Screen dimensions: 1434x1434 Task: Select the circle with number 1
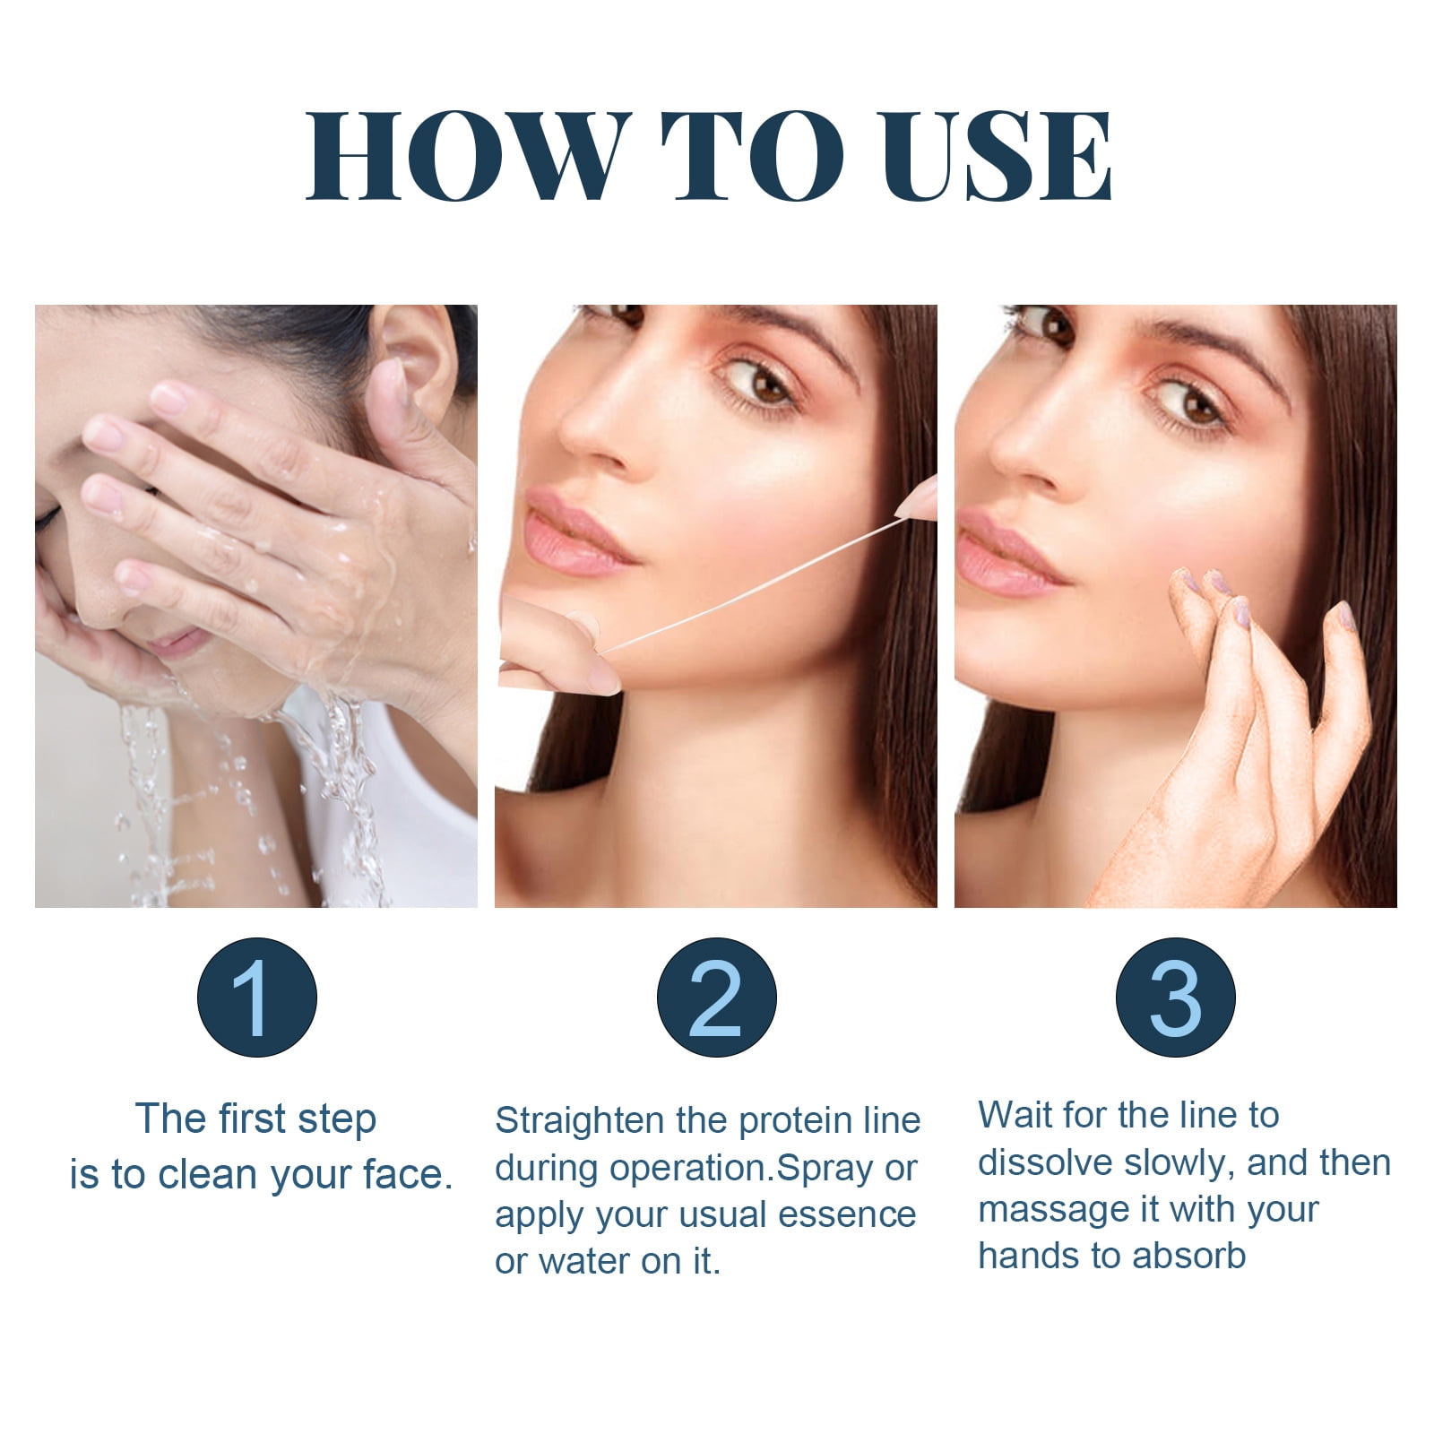point(257,998)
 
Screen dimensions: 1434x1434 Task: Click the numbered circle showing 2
point(716,998)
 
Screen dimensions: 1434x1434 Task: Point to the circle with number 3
point(1175,998)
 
